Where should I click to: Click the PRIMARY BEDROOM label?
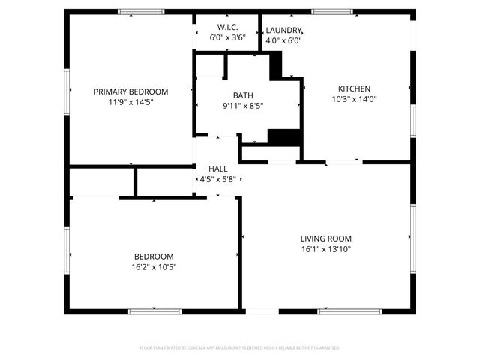pyautogui.click(x=130, y=91)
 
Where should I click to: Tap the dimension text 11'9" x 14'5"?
pyautogui.click(x=130, y=102)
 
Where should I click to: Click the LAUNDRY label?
pyautogui.click(x=284, y=31)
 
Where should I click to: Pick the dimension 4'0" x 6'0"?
pyautogui.click(x=284, y=41)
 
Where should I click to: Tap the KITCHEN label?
pyautogui.click(x=354, y=88)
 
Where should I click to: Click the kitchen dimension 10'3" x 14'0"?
pyautogui.click(x=354, y=98)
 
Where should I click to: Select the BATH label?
pyautogui.click(x=243, y=95)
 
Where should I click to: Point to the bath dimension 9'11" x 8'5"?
pyautogui.click(x=243, y=106)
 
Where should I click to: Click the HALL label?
pyautogui.click(x=217, y=169)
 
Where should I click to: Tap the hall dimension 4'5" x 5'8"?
pyautogui.click(x=217, y=180)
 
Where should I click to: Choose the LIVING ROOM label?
pyautogui.click(x=326, y=238)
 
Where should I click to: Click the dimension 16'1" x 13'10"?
pyautogui.click(x=326, y=249)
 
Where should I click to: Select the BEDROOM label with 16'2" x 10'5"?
pyautogui.click(x=154, y=256)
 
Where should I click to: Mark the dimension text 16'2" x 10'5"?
pyautogui.click(x=154, y=266)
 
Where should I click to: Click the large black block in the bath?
pyautogui.click(x=284, y=138)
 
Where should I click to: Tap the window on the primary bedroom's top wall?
pyautogui.click(x=142, y=11)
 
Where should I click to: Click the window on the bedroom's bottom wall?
pyautogui.click(x=154, y=310)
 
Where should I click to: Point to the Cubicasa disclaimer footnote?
pyautogui.click(x=240, y=348)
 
